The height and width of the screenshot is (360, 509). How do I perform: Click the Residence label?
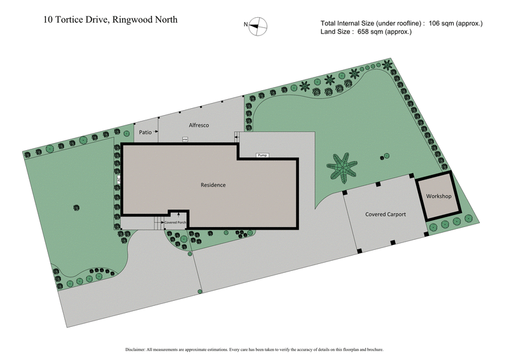click(213, 185)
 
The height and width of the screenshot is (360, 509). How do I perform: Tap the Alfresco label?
click(199, 126)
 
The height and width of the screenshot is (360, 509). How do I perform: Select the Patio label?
click(145, 132)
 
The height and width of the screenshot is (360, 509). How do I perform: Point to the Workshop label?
click(438, 196)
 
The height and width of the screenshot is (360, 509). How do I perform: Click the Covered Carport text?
click(386, 214)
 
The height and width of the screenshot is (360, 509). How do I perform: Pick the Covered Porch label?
click(175, 223)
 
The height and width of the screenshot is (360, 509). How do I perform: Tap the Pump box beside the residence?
click(261, 155)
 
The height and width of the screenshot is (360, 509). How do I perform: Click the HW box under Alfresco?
click(185, 139)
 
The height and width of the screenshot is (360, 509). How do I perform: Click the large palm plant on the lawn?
click(344, 169)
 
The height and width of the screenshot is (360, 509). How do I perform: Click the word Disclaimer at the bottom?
click(137, 349)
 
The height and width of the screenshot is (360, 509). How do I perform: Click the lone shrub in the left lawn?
click(77, 207)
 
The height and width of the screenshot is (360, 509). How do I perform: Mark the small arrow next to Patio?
click(158, 133)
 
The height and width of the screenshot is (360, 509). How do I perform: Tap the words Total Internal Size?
click(354, 24)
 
